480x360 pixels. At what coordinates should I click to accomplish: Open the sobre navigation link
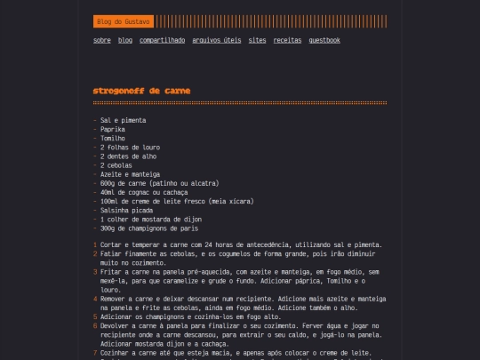point(102,40)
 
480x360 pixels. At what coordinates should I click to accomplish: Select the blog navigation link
point(125,40)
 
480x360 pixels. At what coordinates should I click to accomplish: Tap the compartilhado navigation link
point(162,40)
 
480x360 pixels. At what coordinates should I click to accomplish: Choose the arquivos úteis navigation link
point(216,40)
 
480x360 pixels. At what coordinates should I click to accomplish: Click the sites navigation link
point(257,40)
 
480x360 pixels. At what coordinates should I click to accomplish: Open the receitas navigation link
point(287,40)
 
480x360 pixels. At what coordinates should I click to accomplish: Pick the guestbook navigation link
point(324,40)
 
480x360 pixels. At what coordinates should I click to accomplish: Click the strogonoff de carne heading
point(141,91)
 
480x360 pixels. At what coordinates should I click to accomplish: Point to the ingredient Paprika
point(113,129)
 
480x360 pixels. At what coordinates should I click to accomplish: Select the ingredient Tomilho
point(113,138)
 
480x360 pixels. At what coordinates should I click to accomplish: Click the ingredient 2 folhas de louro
point(128,147)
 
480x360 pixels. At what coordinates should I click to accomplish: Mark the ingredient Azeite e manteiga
point(129,173)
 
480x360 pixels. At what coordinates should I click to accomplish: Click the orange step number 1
point(95,244)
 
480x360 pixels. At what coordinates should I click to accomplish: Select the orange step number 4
point(95,299)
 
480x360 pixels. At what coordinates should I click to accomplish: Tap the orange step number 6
point(95,325)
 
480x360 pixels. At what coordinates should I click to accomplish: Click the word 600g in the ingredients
point(108,182)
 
